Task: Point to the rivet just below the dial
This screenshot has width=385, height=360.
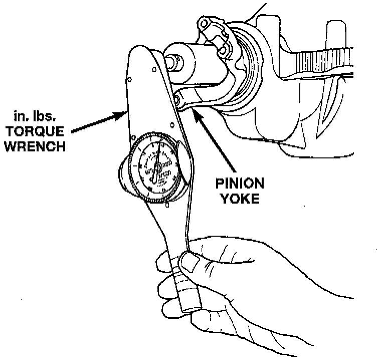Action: pos(166,205)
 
